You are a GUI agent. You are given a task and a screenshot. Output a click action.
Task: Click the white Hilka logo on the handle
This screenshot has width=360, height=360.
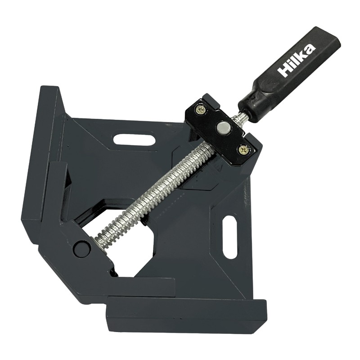tap(297, 60)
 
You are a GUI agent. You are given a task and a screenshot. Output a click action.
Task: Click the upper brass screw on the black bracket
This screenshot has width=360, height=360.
tap(200, 110)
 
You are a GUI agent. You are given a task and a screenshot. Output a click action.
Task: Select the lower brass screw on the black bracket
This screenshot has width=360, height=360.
tap(243, 150)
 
